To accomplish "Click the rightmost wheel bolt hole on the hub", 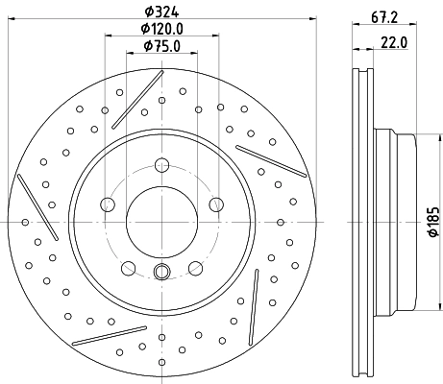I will [x=215, y=203].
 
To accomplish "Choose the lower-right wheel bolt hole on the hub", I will [x=195, y=264].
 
